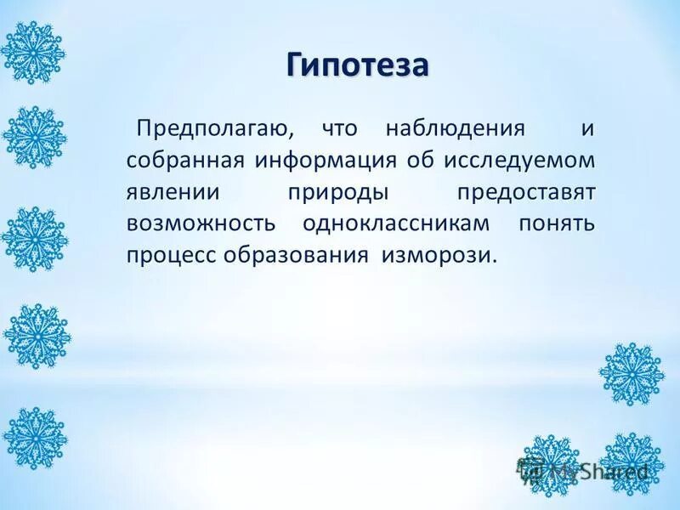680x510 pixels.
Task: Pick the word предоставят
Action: pyautogui.click(x=526, y=192)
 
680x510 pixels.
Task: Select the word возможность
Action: pyautogui.click(x=201, y=224)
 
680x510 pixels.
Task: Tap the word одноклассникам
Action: pyautogui.click(x=395, y=224)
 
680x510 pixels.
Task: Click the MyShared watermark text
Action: pyautogui.click(x=595, y=470)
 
